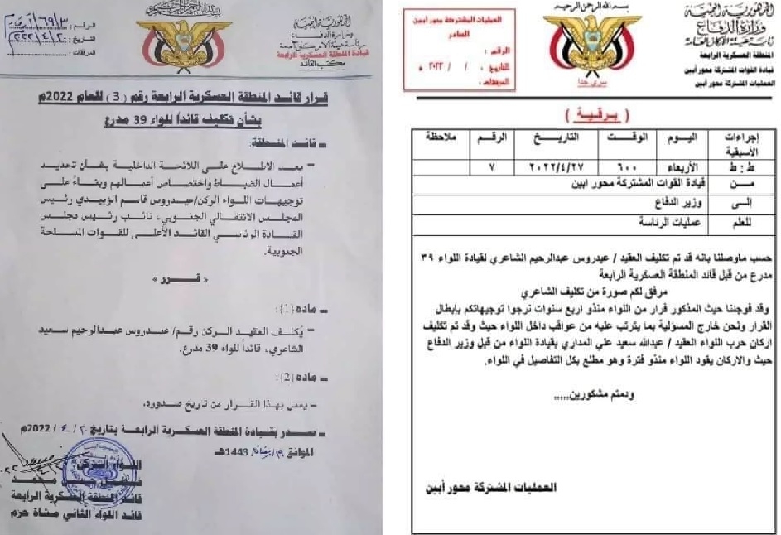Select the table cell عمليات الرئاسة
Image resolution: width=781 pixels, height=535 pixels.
[x=669, y=222]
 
